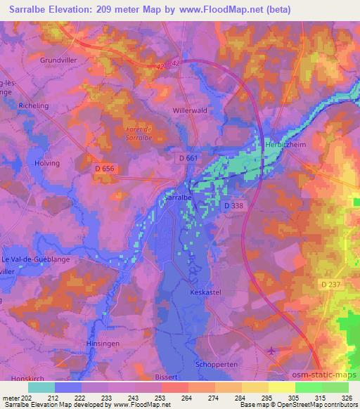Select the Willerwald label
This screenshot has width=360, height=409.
190,111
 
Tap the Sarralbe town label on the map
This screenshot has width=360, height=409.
178,200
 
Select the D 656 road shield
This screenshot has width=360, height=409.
104,169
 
